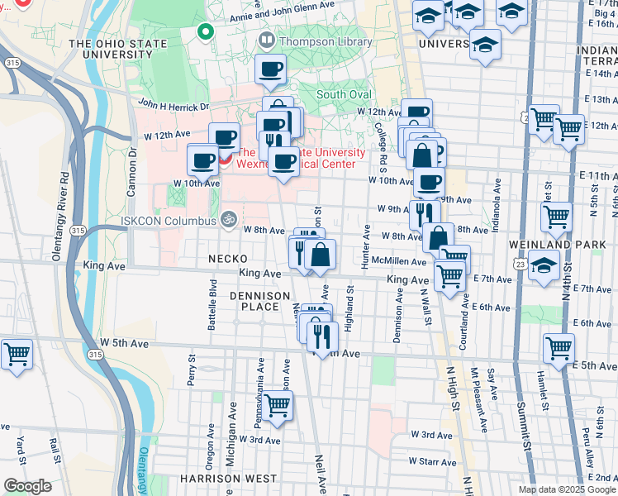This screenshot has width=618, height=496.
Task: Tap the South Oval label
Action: point(345,94)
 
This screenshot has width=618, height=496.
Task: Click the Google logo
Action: point(27,486)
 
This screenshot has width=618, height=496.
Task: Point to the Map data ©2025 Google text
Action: point(567,489)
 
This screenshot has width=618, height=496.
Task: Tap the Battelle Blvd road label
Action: point(212,310)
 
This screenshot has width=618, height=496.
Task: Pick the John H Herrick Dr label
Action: point(174,105)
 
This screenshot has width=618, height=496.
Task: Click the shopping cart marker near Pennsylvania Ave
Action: point(278,405)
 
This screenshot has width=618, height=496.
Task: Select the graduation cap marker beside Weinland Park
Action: point(544,266)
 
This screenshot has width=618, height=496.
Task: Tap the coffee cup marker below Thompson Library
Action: point(270,70)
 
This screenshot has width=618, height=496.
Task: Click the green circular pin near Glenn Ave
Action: point(205,33)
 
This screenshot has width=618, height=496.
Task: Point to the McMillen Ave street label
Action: point(399,261)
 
